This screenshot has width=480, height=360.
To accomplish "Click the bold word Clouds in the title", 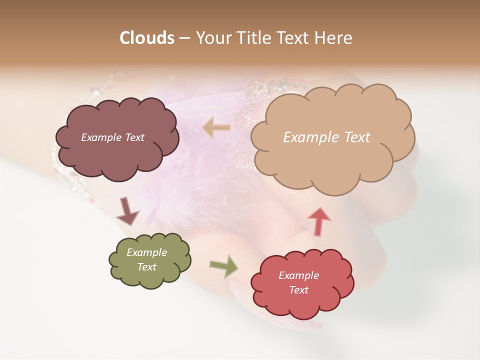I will click(x=147, y=38).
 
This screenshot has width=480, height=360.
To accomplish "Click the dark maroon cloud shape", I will click(x=117, y=155).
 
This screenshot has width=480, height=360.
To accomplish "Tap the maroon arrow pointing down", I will click(x=127, y=211).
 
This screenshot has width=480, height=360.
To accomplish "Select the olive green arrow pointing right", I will click(x=223, y=266).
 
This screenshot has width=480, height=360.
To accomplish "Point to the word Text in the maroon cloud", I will click(x=133, y=137).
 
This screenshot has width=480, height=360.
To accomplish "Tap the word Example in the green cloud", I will click(x=146, y=252).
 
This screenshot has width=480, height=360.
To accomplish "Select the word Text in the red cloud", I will click(x=298, y=290).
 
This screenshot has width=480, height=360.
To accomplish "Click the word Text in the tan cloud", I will click(x=356, y=137).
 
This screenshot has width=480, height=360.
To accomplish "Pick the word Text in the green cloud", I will click(x=146, y=267).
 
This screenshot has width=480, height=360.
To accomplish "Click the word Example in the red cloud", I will click(x=298, y=275).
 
